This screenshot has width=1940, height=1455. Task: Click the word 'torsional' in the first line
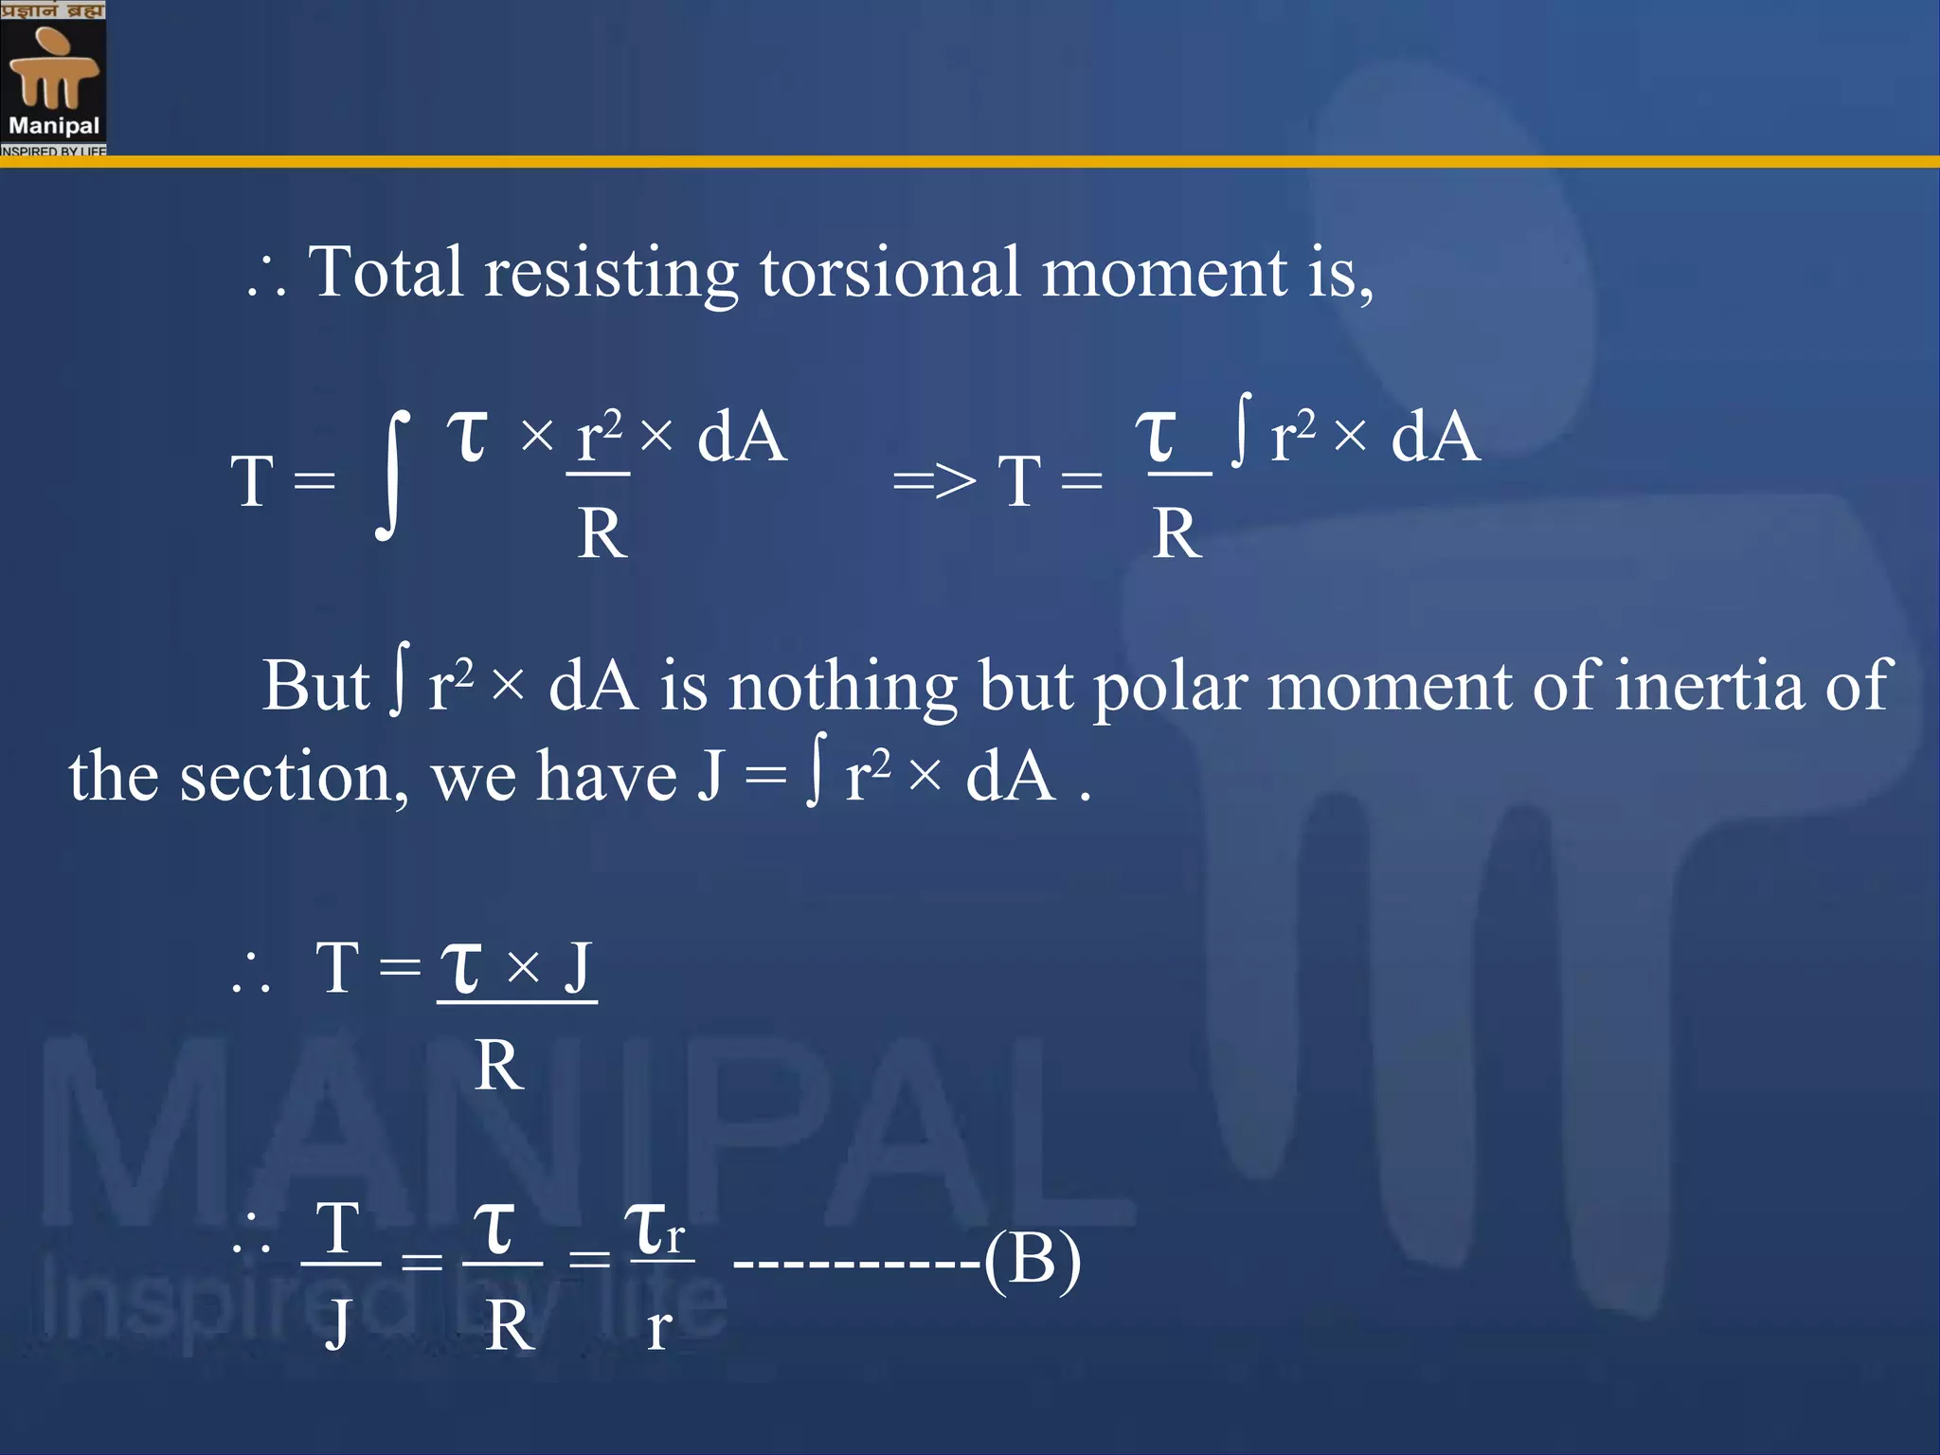coord(890,273)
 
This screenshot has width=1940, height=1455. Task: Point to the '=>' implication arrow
coord(934,481)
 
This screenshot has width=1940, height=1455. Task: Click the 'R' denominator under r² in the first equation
coord(602,533)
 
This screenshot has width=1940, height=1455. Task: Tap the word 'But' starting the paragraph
coord(315,685)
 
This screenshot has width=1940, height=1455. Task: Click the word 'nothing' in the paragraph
coord(842,687)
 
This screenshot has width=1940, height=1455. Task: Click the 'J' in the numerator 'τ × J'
coord(578,968)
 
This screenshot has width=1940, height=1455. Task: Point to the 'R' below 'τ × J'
coord(499,1066)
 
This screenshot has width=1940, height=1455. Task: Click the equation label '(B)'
coord(1033,1260)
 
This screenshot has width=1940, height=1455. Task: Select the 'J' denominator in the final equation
coord(338,1324)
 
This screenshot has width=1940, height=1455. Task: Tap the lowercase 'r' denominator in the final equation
coord(659,1328)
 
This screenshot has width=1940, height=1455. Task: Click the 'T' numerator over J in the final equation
coord(338,1229)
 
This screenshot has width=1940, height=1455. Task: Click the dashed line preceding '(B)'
coord(857,1263)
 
